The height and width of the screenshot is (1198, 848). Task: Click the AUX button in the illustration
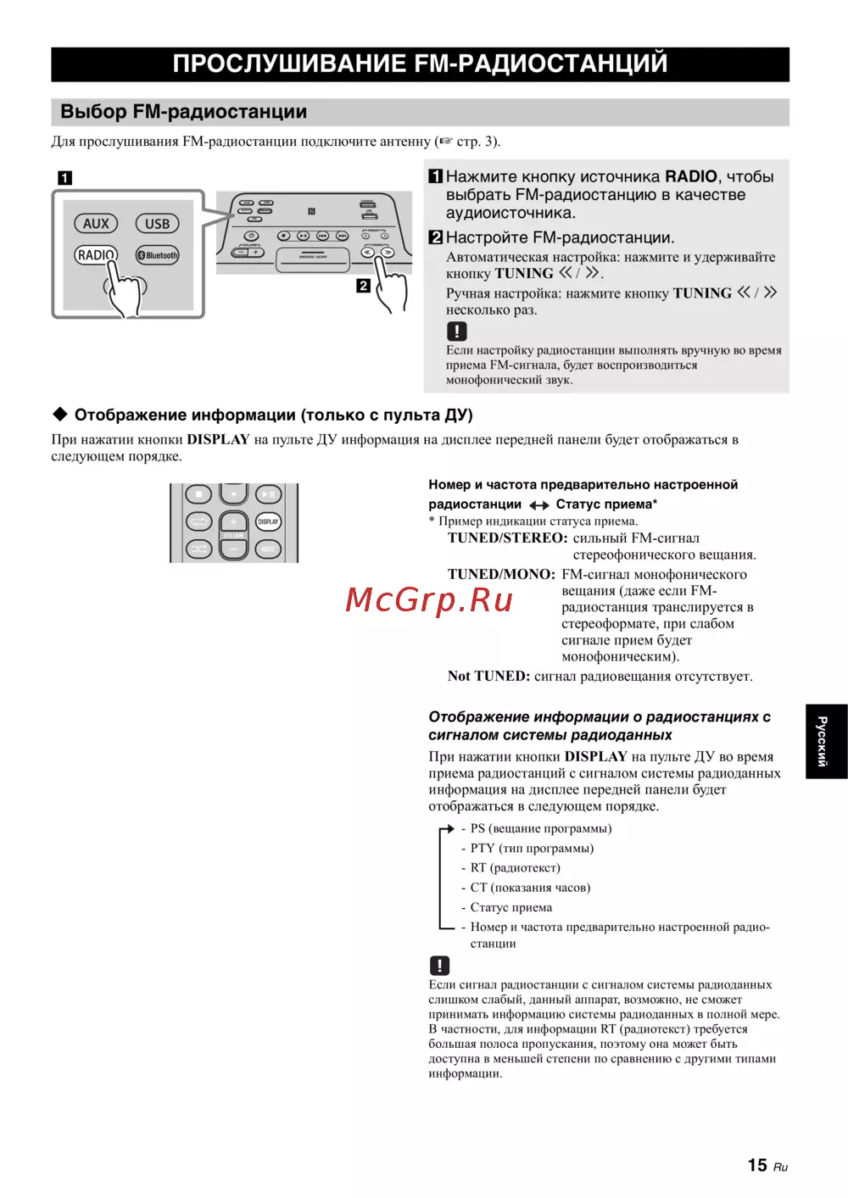click(96, 224)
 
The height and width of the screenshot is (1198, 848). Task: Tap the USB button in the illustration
click(157, 224)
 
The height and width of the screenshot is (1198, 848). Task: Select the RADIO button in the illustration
click(95, 254)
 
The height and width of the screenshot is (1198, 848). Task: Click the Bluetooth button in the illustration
click(158, 255)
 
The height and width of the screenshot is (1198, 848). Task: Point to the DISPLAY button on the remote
click(268, 522)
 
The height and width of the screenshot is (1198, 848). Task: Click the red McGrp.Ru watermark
click(429, 600)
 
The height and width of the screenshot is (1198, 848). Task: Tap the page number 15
click(756, 1166)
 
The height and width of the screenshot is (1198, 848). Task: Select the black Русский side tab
click(825, 741)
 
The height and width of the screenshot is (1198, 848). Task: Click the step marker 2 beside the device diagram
click(363, 286)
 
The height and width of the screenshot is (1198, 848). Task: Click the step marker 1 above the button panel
click(65, 178)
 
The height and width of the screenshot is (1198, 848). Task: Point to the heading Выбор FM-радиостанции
click(184, 112)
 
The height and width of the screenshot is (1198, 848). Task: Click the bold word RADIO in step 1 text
click(690, 176)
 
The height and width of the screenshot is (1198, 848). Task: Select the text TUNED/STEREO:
click(507, 538)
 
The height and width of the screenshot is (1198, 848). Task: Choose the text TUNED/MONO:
click(501, 575)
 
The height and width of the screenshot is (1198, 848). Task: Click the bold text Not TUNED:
click(488, 677)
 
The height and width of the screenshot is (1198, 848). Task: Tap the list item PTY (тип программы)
click(532, 849)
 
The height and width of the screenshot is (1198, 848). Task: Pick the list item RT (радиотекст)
click(515, 868)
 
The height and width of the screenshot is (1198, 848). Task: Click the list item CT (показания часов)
click(530, 888)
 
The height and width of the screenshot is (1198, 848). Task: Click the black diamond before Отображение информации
click(60, 415)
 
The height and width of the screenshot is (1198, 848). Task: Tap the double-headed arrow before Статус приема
click(538, 505)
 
